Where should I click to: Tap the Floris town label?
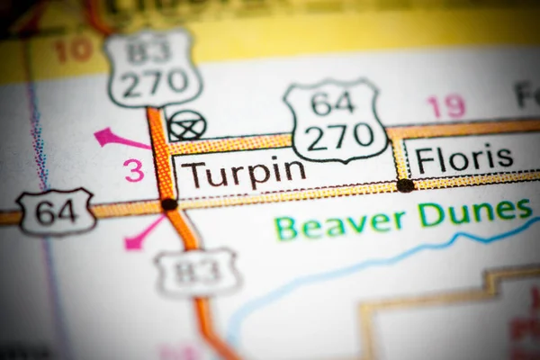coord(463,159)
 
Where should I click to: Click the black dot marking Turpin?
coord(168,204)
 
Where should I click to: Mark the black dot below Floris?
coord(405,185)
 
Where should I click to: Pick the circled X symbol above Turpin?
coord(187,125)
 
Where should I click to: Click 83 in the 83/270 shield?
coord(149,49)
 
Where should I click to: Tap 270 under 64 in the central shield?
coord(337,136)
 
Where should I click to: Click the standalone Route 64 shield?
coord(56,212)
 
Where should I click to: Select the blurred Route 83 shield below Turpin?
coord(197,271)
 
